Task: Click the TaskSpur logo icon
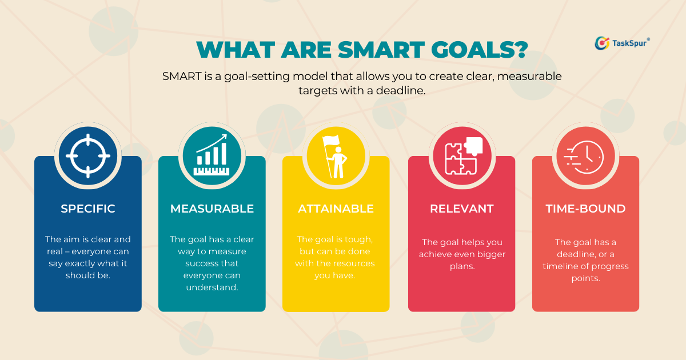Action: point(602,43)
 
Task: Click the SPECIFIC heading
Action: point(88,209)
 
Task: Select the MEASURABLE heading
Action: point(212,209)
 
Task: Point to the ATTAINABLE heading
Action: point(336,209)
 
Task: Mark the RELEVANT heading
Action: point(461,209)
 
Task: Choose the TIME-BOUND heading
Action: point(585,209)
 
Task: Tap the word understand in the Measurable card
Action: point(211,287)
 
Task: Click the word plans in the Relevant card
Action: point(461,266)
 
